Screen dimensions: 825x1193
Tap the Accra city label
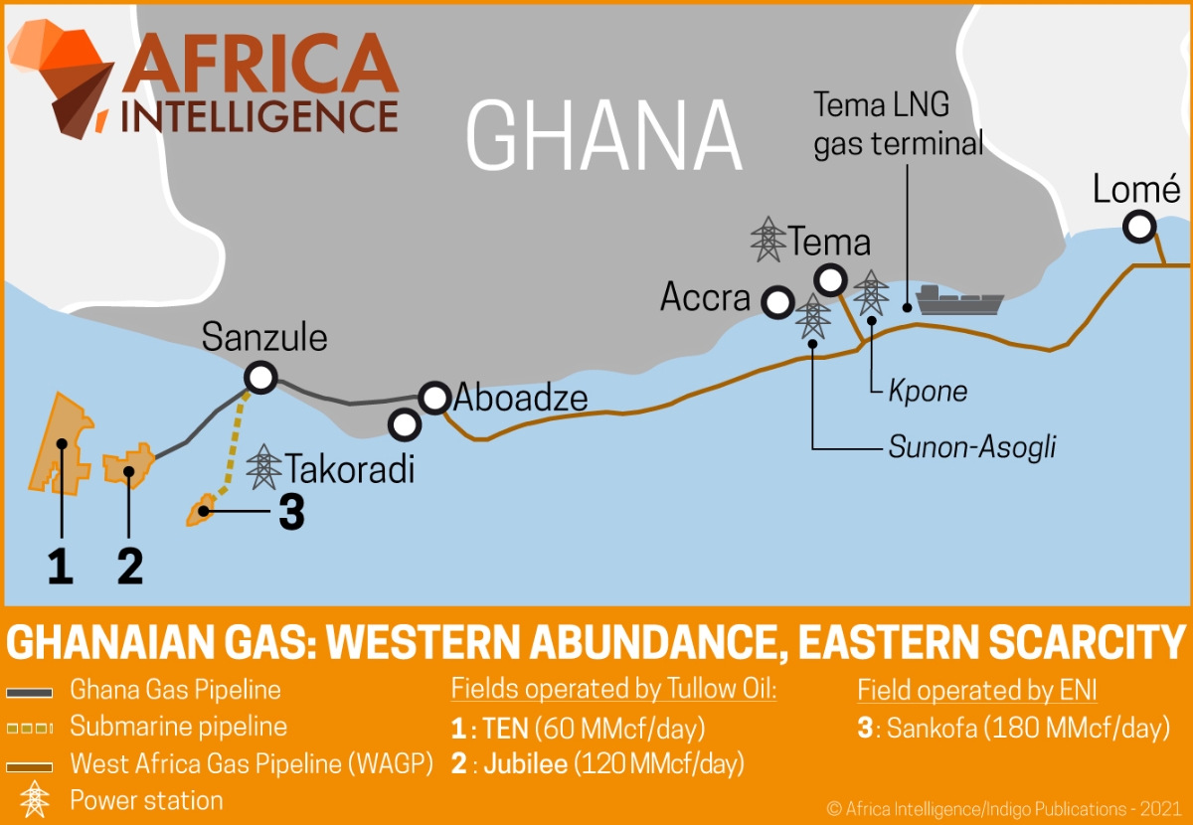pos(705,297)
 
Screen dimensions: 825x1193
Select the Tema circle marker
pos(830,278)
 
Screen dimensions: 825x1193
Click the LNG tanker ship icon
pos(959,299)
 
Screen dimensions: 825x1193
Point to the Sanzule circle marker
pos(261,376)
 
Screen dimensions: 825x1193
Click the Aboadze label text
pos(521,399)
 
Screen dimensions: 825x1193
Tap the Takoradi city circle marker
pos(404,424)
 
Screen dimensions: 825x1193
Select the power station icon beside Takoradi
pos(263,466)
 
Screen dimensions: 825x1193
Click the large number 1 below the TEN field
pos(61,566)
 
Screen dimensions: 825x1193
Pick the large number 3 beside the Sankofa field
pos(291,513)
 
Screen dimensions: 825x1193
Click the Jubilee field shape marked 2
pos(129,466)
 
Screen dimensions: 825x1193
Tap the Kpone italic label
pos(928,391)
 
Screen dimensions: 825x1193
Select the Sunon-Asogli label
pos(971,447)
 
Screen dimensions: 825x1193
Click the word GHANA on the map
pos(604,136)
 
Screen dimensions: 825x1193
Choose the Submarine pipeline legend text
pos(178,727)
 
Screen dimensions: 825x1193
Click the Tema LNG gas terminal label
pos(898,123)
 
